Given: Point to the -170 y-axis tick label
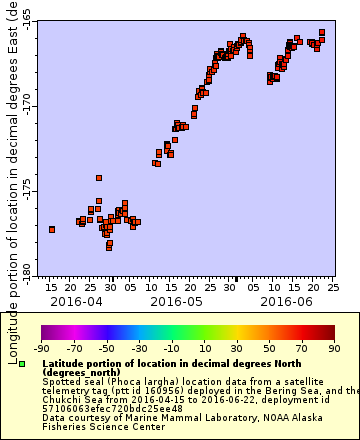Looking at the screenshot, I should coord(26,105).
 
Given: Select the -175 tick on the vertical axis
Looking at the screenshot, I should coord(26,190).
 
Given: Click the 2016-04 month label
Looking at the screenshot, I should coord(76,300).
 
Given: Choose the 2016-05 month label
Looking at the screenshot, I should coord(176,300).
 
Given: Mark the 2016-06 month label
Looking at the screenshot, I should coord(286,300).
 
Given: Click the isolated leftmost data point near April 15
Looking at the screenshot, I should coord(51,229).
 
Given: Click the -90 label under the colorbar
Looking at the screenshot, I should coord(41,348).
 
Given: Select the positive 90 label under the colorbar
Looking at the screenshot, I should coord(334,348).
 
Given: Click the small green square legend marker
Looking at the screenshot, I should coord(22,363).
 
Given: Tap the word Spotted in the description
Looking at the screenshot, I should coord(60,381).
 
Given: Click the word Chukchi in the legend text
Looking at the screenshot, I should coord(63,399).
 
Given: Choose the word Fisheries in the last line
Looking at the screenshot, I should coord(67,426).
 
